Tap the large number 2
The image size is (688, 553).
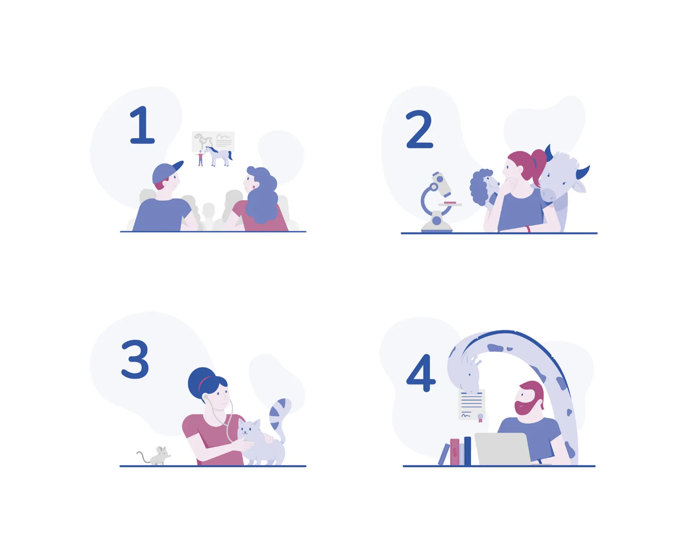[x=419, y=129]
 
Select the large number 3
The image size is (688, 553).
[x=135, y=359]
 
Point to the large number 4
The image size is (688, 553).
[x=421, y=373]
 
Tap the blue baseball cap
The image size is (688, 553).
[x=166, y=172]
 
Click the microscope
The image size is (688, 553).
[x=438, y=202]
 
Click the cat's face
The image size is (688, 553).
[x=248, y=429]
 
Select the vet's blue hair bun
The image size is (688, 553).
[x=201, y=381]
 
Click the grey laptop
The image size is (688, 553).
[x=503, y=449]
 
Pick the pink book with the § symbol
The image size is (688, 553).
[x=454, y=452]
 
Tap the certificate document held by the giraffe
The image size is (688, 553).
[x=471, y=405]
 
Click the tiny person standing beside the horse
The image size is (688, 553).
[x=200, y=158]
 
